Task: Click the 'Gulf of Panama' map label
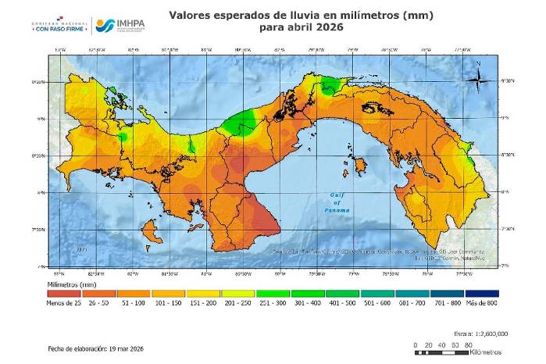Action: [x=337, y=205]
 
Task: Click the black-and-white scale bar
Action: [x=441, y=351]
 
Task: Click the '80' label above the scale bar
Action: [x=466, y=344]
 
